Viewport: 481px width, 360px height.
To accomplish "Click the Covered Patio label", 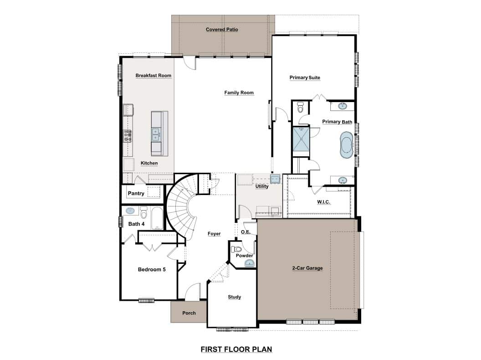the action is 222,30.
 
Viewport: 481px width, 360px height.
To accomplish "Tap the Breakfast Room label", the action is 154,76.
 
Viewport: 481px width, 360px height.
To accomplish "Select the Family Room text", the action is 239,93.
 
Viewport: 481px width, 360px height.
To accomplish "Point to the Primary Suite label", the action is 305,77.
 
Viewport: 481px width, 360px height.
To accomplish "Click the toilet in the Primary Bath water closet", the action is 300,107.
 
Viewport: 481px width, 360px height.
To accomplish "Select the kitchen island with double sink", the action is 159,134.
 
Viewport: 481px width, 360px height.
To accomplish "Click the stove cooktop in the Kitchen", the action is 128,136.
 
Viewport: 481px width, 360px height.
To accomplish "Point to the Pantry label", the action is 136,193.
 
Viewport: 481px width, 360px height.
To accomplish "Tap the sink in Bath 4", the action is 130,211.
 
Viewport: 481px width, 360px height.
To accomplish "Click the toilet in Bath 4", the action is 143,212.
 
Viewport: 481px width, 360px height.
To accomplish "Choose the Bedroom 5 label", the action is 152,269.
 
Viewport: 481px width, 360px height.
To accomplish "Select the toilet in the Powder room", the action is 236,249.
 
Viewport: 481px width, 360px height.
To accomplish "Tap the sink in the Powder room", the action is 250,263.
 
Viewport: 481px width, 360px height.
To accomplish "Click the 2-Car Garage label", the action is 307,268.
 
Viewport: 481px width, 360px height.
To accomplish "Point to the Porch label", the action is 189,313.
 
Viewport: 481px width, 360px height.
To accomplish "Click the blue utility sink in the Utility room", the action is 275,179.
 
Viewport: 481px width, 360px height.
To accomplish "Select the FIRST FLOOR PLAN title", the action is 236,349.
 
